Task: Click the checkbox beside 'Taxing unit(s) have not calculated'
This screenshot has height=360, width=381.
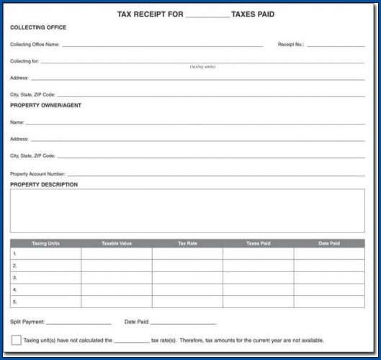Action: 17,341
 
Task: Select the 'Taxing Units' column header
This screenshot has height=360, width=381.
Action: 45,243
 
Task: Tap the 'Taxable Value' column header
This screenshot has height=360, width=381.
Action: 117,243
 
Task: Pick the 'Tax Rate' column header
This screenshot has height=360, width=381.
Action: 187,243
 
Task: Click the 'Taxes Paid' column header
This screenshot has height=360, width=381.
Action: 258,243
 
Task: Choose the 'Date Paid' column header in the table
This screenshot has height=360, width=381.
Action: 329,243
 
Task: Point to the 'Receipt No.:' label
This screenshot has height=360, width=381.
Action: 291,45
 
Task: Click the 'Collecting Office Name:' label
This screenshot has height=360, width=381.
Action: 35,45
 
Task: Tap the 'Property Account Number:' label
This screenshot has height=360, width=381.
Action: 37,174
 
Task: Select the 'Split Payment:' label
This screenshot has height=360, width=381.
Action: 27,322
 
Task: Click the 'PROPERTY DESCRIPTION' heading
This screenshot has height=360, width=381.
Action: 44,185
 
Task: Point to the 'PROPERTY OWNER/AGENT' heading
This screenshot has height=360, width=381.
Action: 45,106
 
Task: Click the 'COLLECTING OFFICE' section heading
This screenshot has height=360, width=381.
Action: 38,27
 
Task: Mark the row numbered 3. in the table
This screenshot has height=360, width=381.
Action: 15,278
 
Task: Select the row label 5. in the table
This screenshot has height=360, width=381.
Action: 15,302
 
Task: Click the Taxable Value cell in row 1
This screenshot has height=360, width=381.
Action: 117,254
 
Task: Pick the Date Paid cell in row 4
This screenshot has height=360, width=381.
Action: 329,290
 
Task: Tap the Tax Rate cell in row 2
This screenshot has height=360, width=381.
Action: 187,266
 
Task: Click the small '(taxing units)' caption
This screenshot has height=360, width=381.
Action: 202,67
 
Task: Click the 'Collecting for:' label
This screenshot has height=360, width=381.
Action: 24,61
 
